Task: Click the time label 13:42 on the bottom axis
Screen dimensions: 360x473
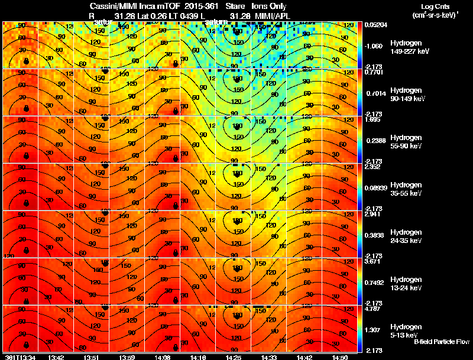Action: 56,357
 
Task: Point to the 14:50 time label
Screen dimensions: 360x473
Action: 340,357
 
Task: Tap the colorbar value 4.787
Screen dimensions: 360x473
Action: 372,309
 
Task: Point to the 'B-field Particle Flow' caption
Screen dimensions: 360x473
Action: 441,342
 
